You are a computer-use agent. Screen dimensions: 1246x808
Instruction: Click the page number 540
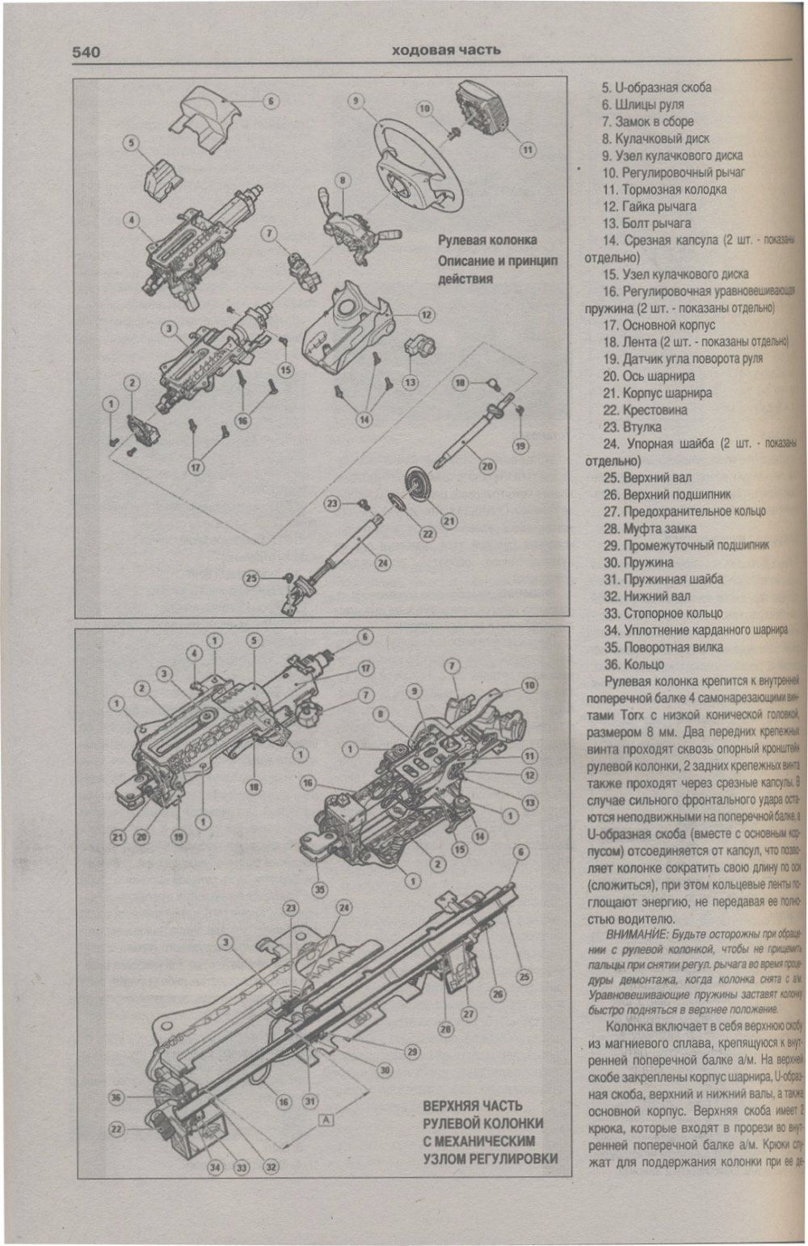tap(86, 53)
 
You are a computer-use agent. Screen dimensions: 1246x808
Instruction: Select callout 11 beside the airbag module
tap(527, 150)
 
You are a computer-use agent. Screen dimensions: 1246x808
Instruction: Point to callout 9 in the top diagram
tap(356, 101)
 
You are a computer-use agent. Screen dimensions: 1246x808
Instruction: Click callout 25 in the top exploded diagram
tap(251, 578)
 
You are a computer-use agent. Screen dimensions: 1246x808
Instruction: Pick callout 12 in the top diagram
tap(426, 315)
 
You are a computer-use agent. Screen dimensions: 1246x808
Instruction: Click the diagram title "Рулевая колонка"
tap(487, 240)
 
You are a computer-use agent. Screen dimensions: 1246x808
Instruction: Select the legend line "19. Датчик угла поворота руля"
tap(682, 358)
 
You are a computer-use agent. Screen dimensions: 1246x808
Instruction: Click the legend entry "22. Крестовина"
tap(655, 409)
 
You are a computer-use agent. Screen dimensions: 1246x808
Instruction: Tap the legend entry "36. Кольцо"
tap(644, 664)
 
